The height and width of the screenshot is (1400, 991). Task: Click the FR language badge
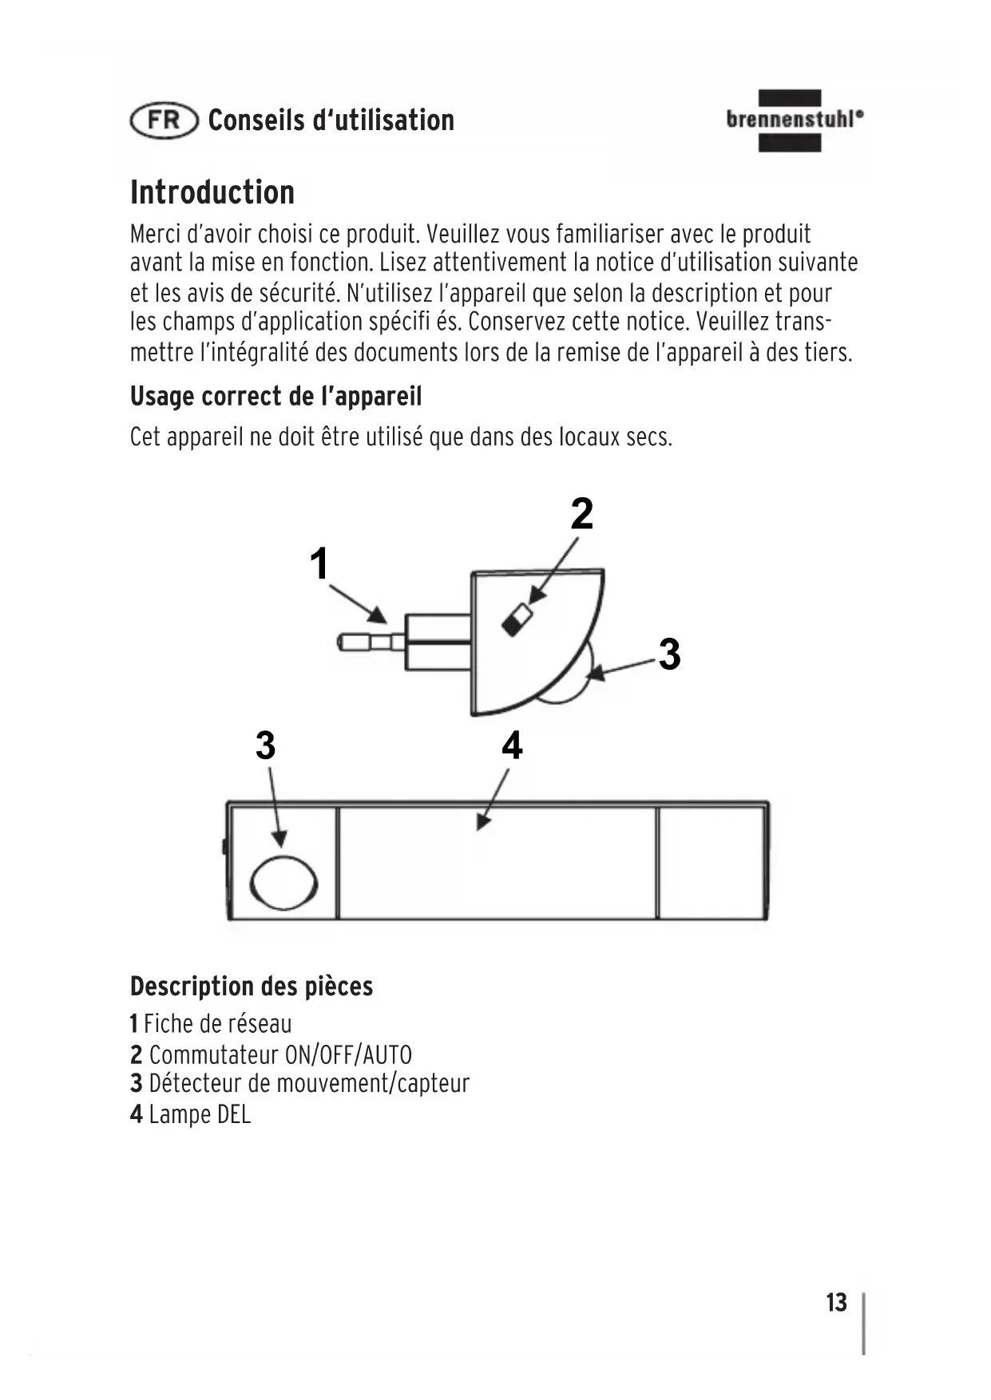(164, 121)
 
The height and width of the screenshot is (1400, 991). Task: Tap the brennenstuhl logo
(794, 121)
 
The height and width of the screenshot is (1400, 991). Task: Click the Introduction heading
(212, 192)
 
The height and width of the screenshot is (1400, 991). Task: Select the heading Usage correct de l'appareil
(275, 396)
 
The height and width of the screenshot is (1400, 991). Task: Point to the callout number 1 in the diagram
(319, 564)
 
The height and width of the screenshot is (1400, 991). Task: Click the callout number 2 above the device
(582, 513)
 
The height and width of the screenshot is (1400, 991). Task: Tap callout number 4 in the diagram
(512, 745)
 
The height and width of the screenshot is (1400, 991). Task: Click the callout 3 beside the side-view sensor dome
(669, 654)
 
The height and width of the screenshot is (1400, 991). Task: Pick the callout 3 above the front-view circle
(266, 745)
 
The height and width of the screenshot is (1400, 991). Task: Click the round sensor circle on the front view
(283, 883)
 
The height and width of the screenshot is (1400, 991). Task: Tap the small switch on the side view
(516, 619)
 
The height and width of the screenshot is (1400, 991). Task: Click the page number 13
(836, 1302)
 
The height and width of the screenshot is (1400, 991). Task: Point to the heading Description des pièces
(252, 987)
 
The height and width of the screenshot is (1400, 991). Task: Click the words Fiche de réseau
(218, 1023)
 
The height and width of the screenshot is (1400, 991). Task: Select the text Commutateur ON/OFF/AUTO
(280, 1055)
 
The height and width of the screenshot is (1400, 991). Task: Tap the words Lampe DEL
(200, 1114)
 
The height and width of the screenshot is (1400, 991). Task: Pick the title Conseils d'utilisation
(331, 121)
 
